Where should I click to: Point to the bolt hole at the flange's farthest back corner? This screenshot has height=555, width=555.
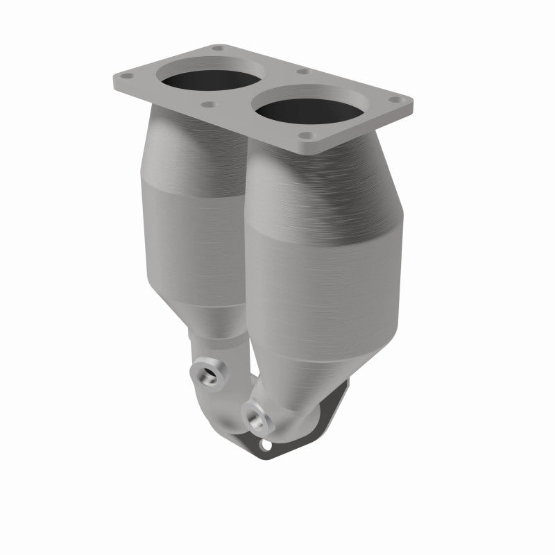click(216, 49)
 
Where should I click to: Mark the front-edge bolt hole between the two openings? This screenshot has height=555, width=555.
click(208, 105)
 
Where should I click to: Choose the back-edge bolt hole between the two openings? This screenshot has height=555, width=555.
click(302, 71)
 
